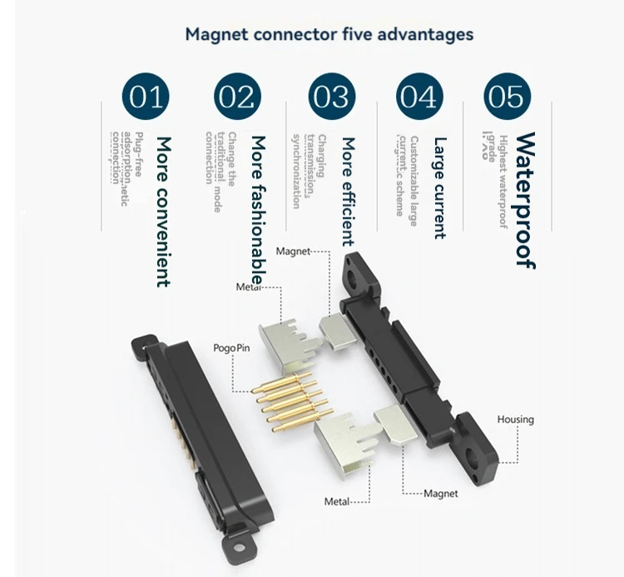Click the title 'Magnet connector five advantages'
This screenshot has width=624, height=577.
click(329, 35)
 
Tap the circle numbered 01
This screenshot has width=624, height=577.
click(146, 97)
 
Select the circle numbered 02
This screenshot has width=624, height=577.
click(237, 97)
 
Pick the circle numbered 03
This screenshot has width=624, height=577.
click(330, 97)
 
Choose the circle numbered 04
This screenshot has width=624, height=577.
click(418, 97)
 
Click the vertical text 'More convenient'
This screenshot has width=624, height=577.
click(163, 211)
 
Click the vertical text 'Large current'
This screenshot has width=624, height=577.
click(439, 187)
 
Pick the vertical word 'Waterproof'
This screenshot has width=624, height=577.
click(524, 200)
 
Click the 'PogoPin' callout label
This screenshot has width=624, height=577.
click(230, 347)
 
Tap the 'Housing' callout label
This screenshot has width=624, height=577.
click(515, 420)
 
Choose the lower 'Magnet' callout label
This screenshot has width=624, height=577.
click(440, 494)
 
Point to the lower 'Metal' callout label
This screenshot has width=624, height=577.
click(335, 501)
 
